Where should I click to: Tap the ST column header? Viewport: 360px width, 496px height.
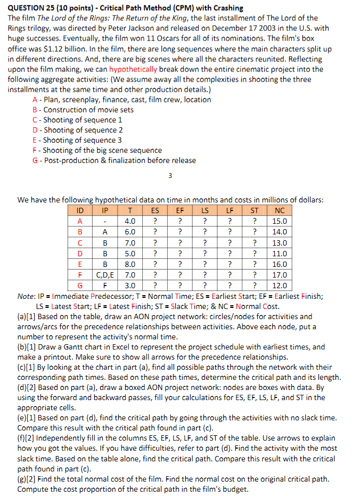[x=255, y=210]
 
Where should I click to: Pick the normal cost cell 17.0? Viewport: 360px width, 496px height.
[x=279, y=275]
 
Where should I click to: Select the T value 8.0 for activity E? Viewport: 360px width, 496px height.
[x=129, y=264]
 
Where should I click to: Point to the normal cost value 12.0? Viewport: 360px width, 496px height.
[x=279, y=286]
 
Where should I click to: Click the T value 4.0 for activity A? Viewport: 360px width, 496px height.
[x=129, y=221]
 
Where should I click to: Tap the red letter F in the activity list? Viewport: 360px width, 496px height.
[x=35, y=150]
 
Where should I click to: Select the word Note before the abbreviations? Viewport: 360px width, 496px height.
[x=26, y=296]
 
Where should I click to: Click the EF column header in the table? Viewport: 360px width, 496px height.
[x=181, y=210]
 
